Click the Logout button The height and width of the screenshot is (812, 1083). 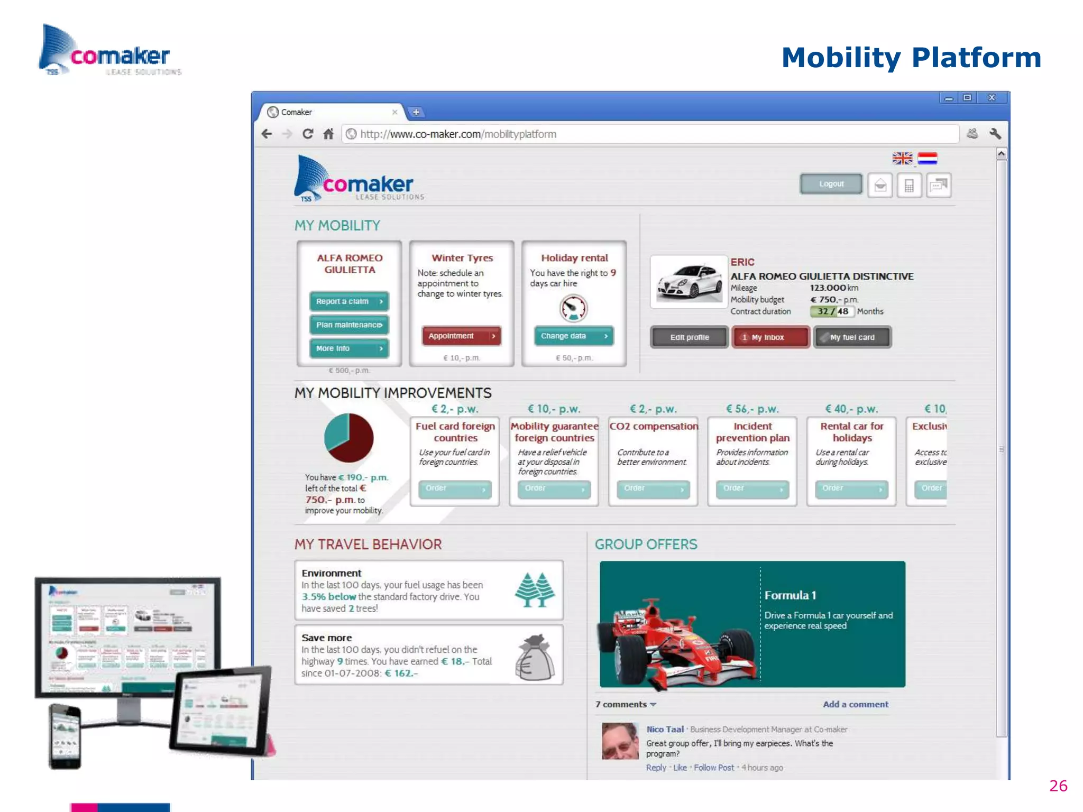click(831, 184)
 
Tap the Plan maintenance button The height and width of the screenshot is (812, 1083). click(349, 325)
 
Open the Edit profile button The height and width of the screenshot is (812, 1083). click(689, 337)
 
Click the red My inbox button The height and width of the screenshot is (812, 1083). click(770, 337)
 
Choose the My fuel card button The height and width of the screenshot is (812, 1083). click(852, 337)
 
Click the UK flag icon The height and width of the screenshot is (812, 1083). click(902, 159)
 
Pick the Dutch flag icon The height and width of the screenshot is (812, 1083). click(928, 159)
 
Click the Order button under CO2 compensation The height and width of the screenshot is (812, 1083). click(653, 489)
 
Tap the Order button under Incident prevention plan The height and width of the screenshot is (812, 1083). click(752, 489)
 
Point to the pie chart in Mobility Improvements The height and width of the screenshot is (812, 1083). click(348, 438)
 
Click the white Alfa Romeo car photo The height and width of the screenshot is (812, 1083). click(689, 282)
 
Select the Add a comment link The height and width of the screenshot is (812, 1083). click(855, 704)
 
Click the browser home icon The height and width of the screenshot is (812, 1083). click(328, 134)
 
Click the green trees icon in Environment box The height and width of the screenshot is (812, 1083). click(535, 589)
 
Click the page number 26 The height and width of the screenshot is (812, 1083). click(1058, 786)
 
